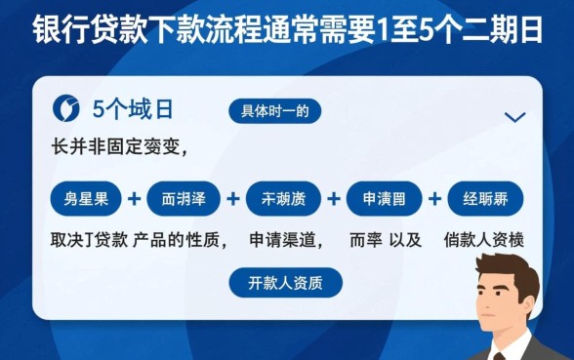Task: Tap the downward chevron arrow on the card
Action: pos(514,117)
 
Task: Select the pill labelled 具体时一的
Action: pos(274,111)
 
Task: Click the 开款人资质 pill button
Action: pos(287,283)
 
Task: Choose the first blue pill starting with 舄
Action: pos(87,199)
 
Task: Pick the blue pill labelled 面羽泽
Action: pos(184,199)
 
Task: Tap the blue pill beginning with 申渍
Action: pos(385,199)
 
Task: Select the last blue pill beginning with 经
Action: pos(484,199)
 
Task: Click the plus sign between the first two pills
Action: pos(135,199)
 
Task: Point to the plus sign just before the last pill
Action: pos(434,199)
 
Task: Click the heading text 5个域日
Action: pos(133,109)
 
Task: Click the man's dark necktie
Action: pos(499,357)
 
